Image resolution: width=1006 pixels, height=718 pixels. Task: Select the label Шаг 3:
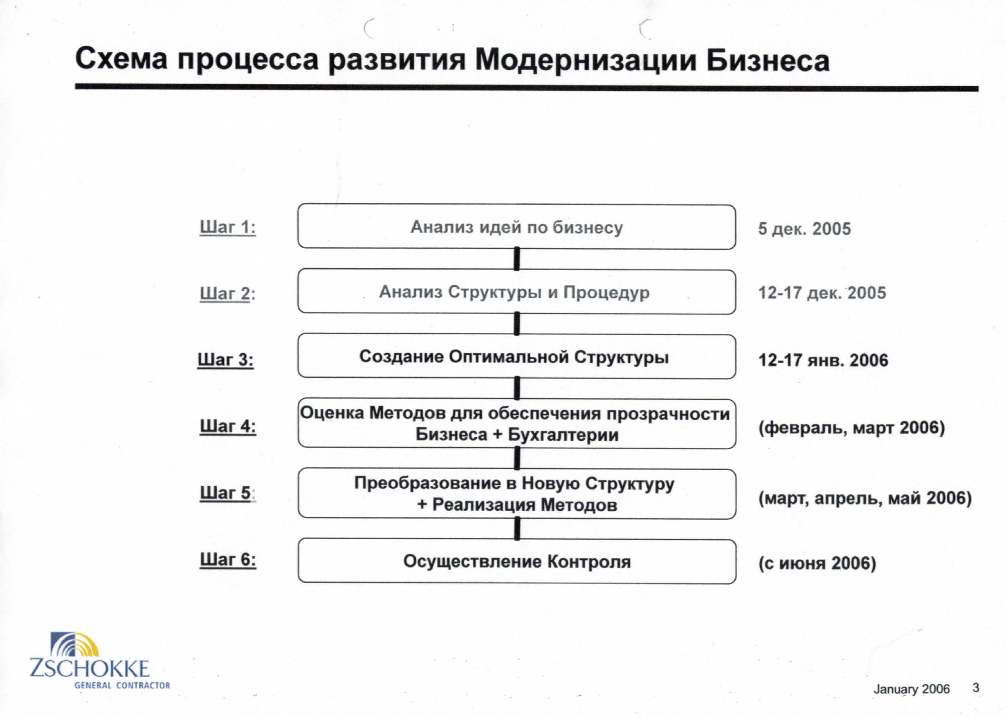[225, 359]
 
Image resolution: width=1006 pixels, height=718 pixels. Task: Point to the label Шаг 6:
[228, 559]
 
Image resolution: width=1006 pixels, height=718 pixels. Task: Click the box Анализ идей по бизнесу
[516, 227]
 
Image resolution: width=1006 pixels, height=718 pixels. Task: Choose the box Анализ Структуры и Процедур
[516, 292]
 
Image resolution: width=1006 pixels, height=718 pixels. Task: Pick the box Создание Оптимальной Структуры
[516, 357]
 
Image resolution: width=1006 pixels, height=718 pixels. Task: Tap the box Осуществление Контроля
[517, 561]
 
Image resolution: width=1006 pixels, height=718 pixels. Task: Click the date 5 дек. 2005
[804, 229]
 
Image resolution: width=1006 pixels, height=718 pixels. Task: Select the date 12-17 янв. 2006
[823, 360]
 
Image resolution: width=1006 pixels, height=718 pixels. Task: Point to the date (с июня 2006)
[817, 563]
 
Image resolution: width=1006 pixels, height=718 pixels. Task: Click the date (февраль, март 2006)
[852, 428]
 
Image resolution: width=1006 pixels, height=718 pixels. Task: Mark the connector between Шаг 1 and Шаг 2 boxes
[516, 259]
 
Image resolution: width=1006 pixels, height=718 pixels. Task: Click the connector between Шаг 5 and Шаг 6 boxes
[516, 529]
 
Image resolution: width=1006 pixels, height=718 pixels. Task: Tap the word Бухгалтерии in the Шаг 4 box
[564, 435]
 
